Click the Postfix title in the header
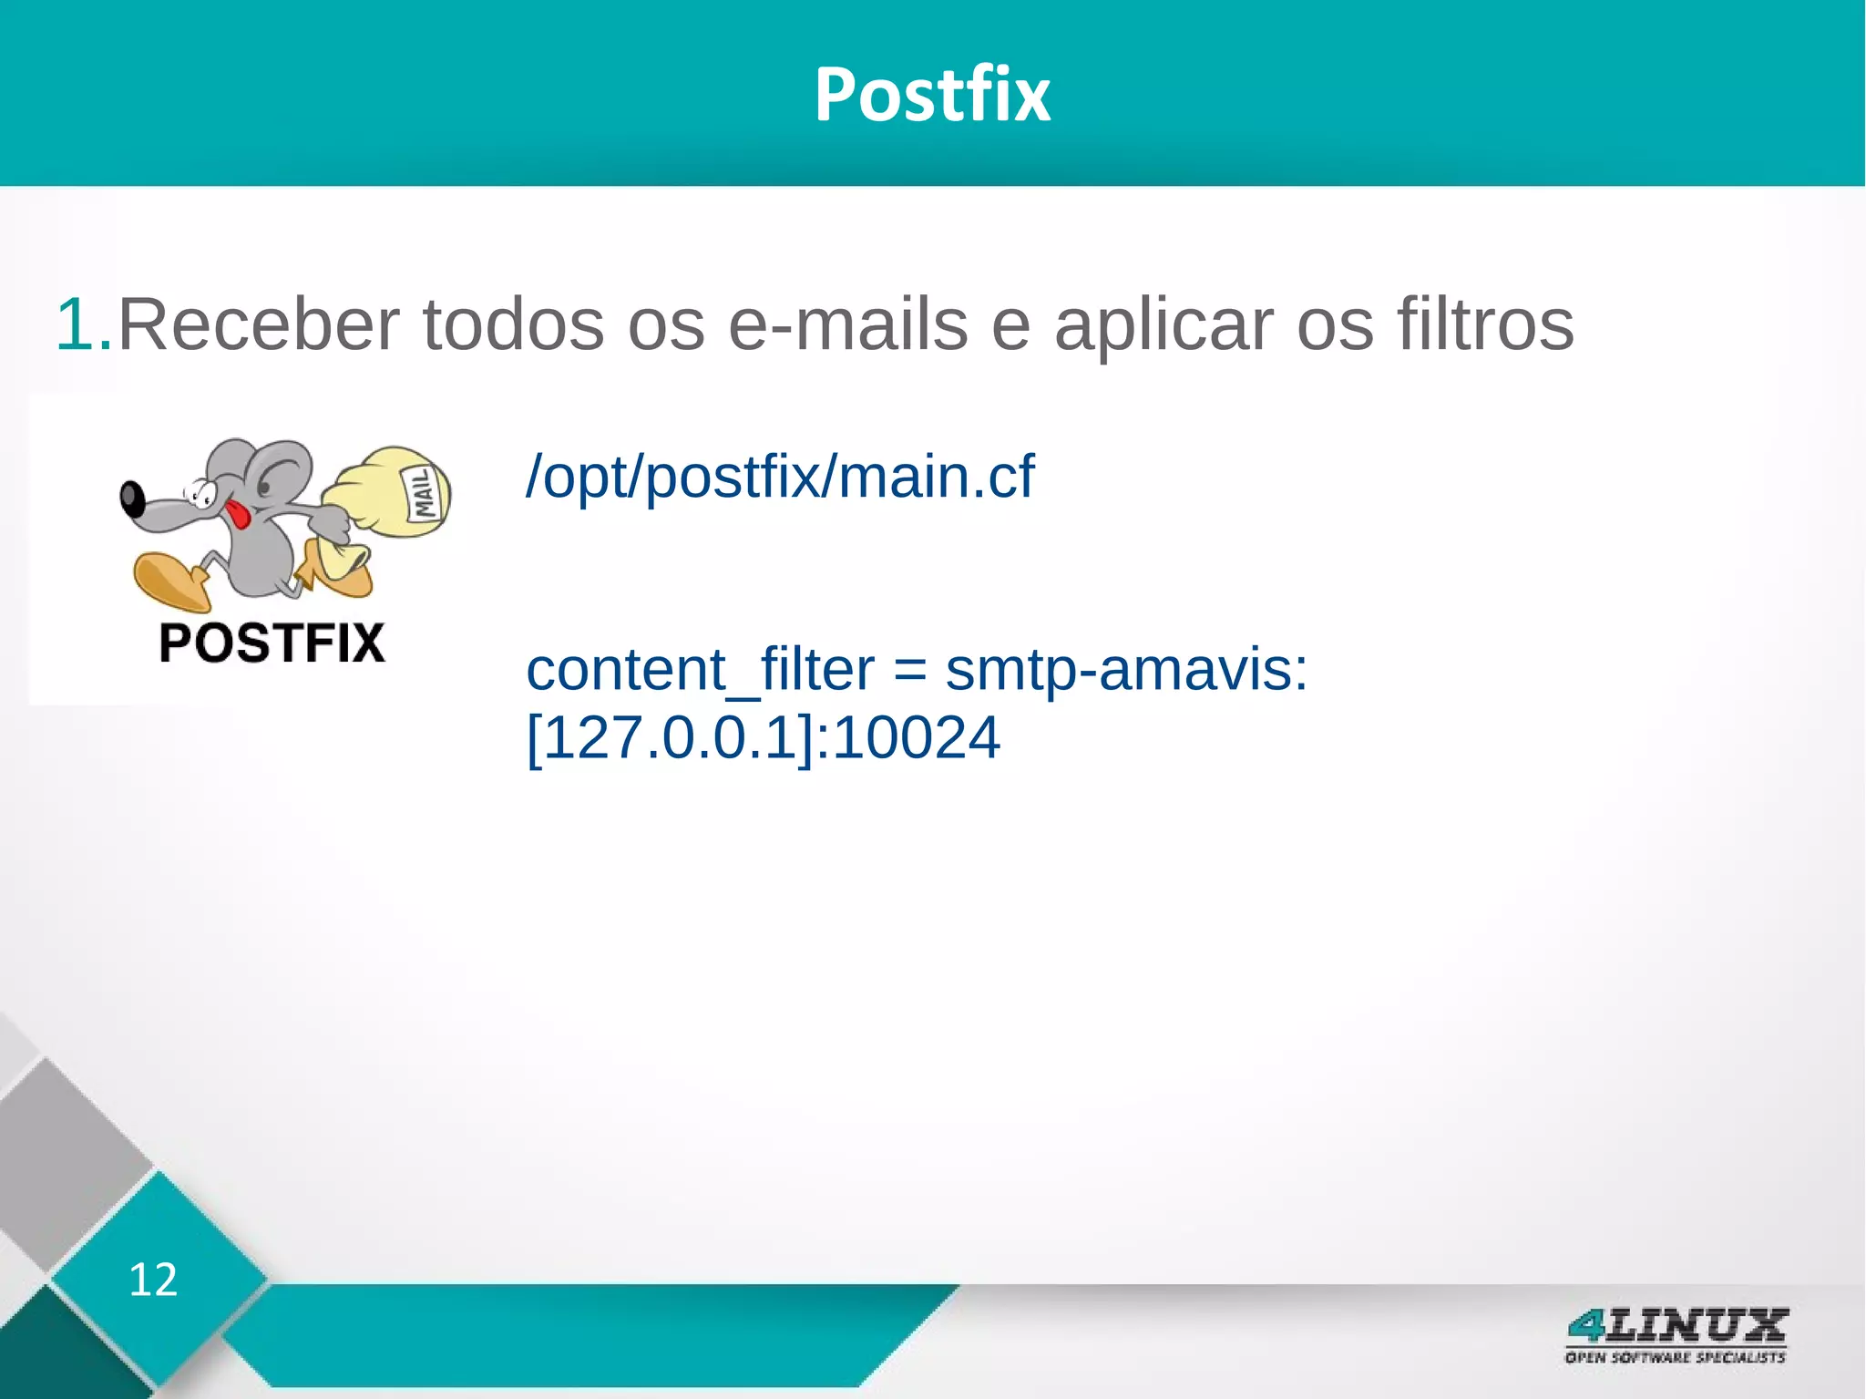click(x=932, y=95)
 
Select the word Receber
click(x=259, y=324)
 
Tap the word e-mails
click(x=847, y=324)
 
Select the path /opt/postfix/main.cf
click(x=780, y=477)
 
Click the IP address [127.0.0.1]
click(x=671, y=738)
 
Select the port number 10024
click(x=917, y=738)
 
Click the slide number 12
click(x=153, y=1280)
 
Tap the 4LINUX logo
click(x=1676, y=1326)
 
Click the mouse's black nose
click(x=132, y=499)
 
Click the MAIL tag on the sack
click(x=425, y=493)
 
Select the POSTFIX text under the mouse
click(x=272, y=643)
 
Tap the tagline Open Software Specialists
click(x=1675, y=1358)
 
